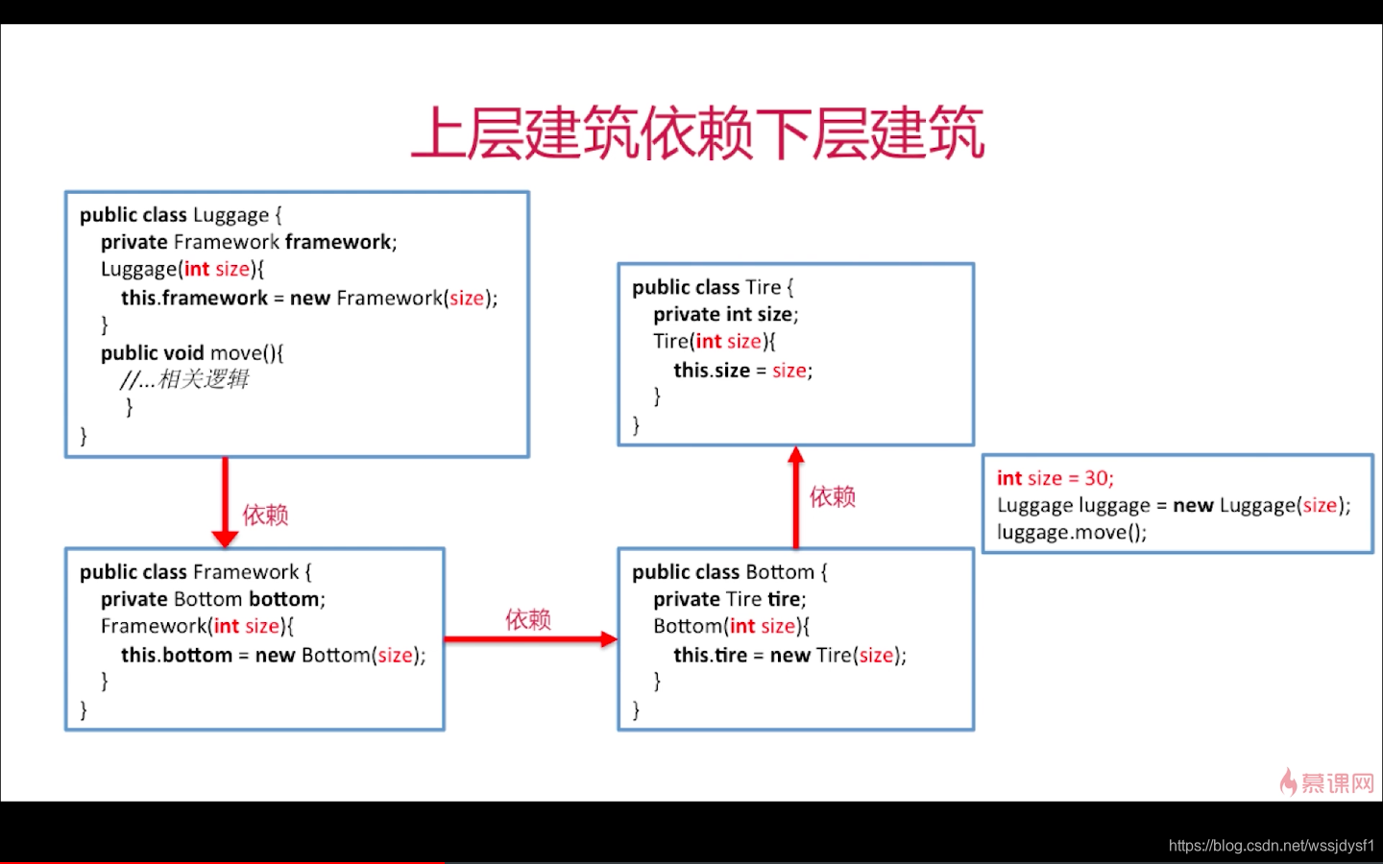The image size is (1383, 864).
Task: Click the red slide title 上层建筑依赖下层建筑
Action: [x=697, y=132]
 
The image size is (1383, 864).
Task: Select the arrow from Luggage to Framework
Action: [x=226, y=502]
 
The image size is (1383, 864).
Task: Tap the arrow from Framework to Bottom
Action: [x=531, y=638]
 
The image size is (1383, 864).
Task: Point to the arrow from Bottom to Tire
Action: [x=796, y=497]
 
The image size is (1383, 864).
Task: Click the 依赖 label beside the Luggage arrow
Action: [x=265, y=515]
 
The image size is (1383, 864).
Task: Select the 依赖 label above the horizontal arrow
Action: [x=528, y=619]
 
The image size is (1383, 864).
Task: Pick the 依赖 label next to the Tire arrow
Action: [x=833, y=496]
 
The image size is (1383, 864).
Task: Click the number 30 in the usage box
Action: [x=1096, y=478]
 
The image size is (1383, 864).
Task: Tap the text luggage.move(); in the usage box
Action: [x=1072, y=532]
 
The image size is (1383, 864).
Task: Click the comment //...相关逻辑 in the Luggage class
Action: [x=184, y=379]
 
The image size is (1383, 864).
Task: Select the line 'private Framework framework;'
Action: [x=249, y=242]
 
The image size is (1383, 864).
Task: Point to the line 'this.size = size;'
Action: [x=742, y=371]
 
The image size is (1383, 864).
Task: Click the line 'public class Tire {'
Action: [x=713, y=287]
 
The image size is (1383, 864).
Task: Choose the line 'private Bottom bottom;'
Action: [x=213, y=599]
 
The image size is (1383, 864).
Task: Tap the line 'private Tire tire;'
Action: [x=730, y=599]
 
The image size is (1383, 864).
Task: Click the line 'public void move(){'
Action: [x=192, y=353]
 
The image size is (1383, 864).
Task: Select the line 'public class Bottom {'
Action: [x=729, y=572]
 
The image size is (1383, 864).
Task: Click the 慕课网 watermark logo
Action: [x=1326, y=782]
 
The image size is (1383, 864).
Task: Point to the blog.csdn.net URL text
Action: [x=1272, y=845]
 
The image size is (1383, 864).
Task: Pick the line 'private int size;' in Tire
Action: [x=725, y=314]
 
